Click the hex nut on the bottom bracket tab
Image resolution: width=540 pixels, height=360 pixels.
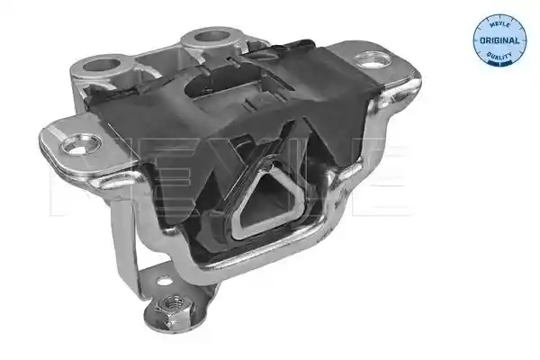click(173, 306)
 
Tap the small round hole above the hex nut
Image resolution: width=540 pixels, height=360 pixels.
click(165, 281)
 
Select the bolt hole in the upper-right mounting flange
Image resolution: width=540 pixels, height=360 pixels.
click(373, 59)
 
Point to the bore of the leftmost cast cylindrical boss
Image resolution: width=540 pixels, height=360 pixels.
click(101, 64)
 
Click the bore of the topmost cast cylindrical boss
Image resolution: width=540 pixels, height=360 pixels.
click(211, 36)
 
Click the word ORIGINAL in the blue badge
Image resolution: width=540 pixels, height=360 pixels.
click(499, 40)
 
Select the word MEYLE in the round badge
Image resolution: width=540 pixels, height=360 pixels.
click(499, 24)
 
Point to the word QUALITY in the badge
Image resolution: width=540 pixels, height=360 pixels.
click(499, 56)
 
